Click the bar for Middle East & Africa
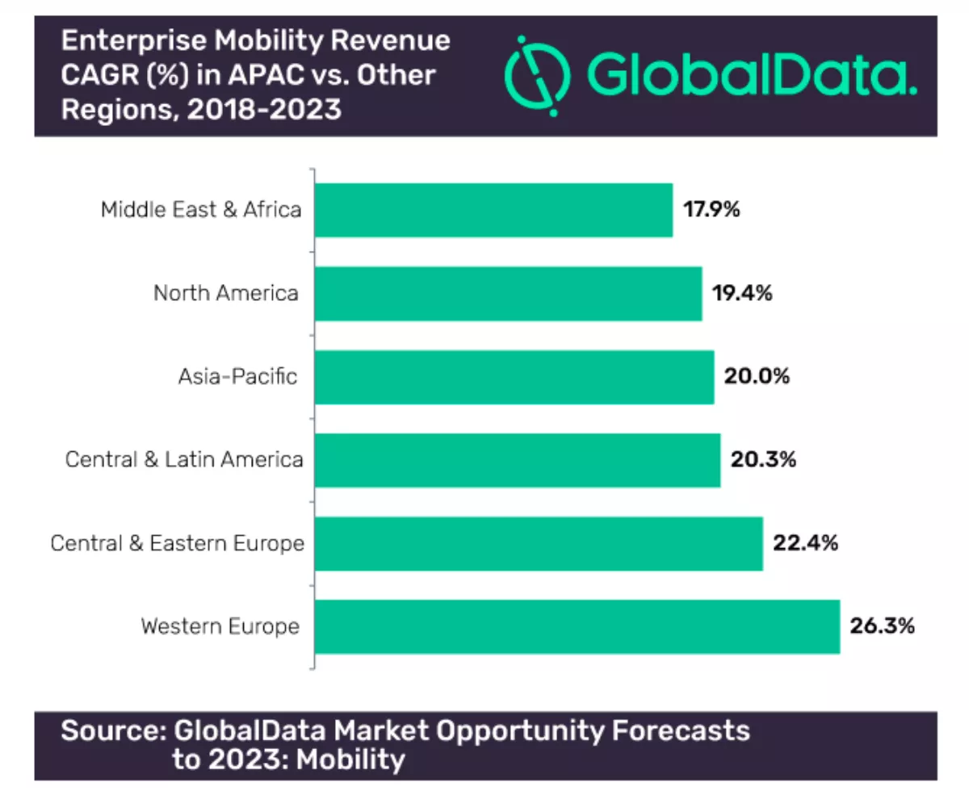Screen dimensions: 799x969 pyautogui.click(x=493, y=210)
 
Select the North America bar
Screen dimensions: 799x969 pyautogui.click(x=508, y=294)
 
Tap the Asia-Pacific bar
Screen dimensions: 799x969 pyautogui.click(x=514, y=377)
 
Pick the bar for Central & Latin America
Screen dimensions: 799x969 pyautogui.click(x=518, y=460)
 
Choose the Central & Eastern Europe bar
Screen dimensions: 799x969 pyautogui.click(x=539, y=543)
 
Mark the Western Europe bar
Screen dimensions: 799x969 pyautogui.click(x=577, y=626)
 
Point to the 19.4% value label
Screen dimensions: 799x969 pyautogui.click(x=742, y=294)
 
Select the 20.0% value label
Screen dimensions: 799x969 pyautogui.click(x=757, y=377)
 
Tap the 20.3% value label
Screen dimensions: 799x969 pyautogui.click(x=762, y=460)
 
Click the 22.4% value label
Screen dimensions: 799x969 pyautogui.click(x=805, y=543)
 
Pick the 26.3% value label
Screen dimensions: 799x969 pyautogui.click(x=882, y=626)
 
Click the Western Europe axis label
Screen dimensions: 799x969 pyautogui.click(x=220, y=626)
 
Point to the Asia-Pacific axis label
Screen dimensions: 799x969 pyautogui.click(x=237, y=377)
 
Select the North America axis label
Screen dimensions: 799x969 pyautogui.click(x=225, y=294)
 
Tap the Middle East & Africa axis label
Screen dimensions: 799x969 pyautogui.click(x=201, y=211)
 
